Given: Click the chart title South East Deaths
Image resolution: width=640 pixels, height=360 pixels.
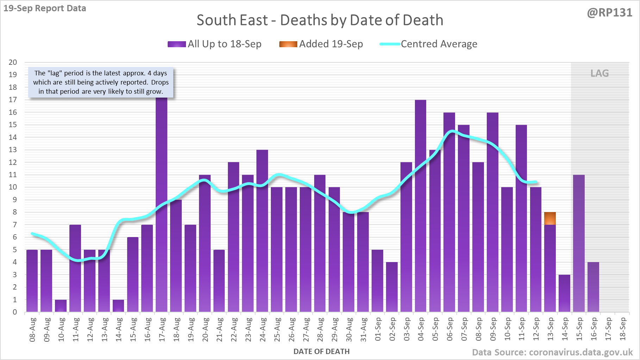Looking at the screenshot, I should (x=320, y=20).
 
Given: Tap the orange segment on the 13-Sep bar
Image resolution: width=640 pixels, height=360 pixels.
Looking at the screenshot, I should (x=550, y=218).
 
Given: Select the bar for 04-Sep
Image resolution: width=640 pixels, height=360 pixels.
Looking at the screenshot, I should (x=421, y=206).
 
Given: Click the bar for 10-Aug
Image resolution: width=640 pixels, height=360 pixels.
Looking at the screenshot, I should (x=61, y=306).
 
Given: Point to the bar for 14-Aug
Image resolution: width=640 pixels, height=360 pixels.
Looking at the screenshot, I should (x=118, y=306).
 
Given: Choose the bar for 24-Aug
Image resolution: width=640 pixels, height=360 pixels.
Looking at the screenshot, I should (x=262, y=231).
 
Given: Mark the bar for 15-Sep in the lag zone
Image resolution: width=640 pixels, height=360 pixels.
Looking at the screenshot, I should (x=579, y=243).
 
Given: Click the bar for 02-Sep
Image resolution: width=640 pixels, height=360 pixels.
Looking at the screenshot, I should (x=392, y=287).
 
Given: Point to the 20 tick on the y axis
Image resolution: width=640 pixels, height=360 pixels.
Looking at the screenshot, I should (x=13, y=62).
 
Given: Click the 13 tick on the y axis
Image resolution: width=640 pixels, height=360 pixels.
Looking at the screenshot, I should (x=13, y=150).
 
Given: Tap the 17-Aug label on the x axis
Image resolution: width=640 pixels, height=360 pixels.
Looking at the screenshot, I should (x=162, y=330).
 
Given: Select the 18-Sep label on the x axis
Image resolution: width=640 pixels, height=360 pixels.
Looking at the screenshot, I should (x=623, y=330).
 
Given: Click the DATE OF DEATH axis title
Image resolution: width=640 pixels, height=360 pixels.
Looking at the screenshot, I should (x=321, y=352).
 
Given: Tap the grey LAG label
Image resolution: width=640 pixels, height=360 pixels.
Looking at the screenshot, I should (x=599, y=73).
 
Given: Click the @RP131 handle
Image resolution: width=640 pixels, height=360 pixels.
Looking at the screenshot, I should (x=609, y=13).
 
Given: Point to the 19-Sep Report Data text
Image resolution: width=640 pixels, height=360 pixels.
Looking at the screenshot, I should (x=45, y=8).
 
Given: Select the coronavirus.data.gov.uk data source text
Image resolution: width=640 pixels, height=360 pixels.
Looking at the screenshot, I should (x=552, y=352).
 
